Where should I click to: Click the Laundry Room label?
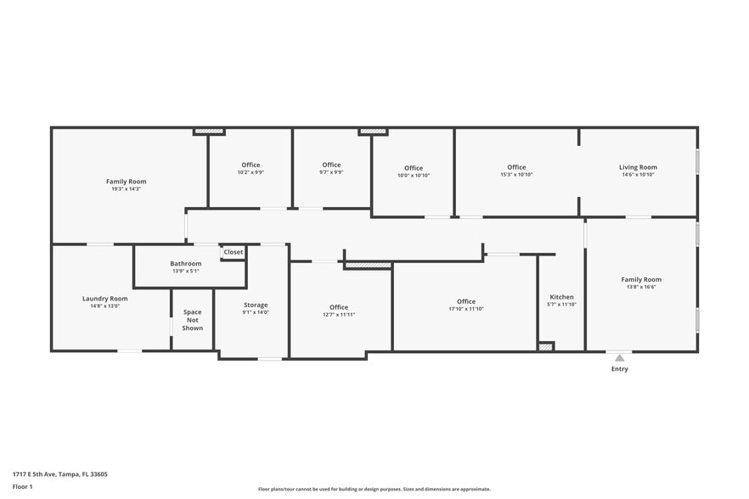(x=105, y=298)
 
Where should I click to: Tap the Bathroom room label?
(x=185, y=264)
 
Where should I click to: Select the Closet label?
(x=233, y=252)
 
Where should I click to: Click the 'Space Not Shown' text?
(x=193, y=320)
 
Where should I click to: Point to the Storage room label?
(x=256, y=305)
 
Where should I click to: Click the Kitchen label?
(x=561, y=297)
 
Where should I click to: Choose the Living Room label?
(x=638, y=167)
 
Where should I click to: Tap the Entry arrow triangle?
(x=620, y=358)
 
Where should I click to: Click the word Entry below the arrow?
(x=620, y=369)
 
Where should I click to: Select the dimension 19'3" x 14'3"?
(x=126, y=189)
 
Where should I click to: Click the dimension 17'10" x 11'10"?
(x=465, y=309)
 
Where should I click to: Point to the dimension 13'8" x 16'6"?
(x=641, y=287)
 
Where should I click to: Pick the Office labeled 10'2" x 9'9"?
(x=251, y=165)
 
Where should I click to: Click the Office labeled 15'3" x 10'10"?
(x=516, y=167)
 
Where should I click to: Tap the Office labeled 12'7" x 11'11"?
(x=339, y=307)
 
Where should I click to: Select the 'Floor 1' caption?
(x=22, y=486)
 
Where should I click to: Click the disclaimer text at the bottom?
(x=374, y=489)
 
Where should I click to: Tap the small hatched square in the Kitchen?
(x=546, y=346)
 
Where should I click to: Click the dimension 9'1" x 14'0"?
(x=256, y=312)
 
